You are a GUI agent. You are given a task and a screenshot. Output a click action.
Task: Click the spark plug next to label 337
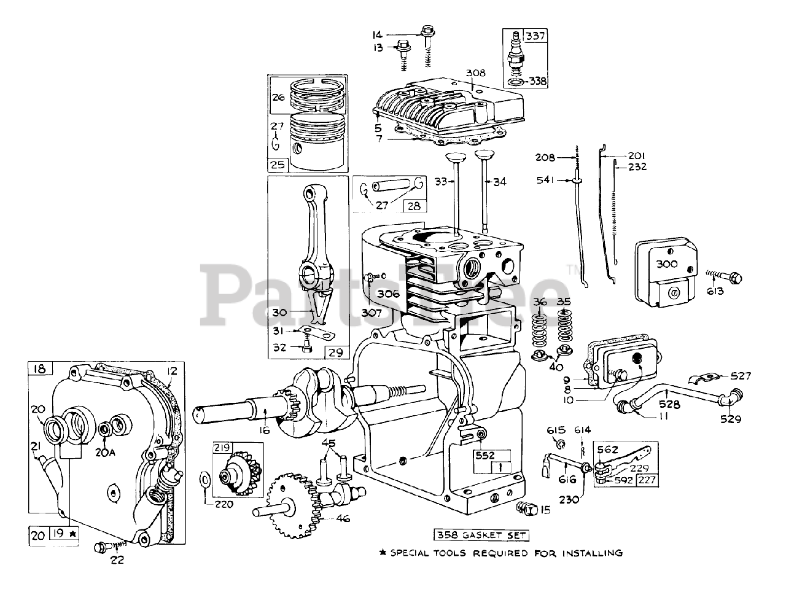click(515, 57)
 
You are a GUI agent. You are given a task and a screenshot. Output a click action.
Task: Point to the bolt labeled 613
click(726, 275)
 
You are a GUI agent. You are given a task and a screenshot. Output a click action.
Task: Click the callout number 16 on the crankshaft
click(265, 430)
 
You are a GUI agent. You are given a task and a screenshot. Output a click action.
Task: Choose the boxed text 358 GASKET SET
click(481, 535)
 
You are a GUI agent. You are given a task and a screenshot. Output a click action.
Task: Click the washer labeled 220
click(204, 480)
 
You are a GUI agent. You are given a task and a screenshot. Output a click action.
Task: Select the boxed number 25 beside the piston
click(277, 165)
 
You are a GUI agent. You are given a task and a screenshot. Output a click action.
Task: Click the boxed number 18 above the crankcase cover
click(41, 368)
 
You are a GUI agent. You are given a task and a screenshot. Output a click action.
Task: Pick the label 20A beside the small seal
click(105, 452)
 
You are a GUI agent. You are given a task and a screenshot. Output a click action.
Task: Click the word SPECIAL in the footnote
click(415, 553)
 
